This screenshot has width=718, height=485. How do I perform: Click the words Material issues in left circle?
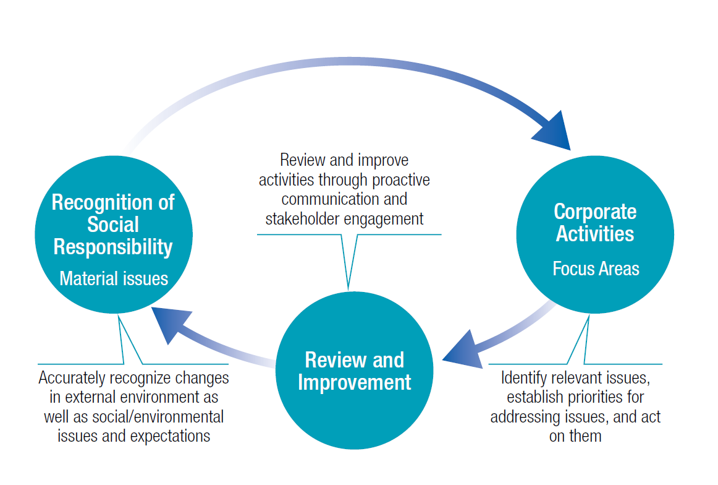(x=114, y=278)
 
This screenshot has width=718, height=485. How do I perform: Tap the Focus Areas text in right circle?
(x=596, y=268)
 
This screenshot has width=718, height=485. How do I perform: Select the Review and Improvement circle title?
(x=354, y=371)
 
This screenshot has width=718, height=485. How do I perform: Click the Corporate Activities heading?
(x=595, y=223)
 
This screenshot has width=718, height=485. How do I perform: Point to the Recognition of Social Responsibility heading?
(x=113, y=225)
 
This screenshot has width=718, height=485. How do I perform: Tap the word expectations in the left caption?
(x=171, y=436)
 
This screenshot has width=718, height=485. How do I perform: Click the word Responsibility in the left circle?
(x=113, y=247)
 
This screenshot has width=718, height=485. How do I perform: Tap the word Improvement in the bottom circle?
(x=354, y=382)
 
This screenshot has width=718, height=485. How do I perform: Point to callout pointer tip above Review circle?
(x=348, y=288)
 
